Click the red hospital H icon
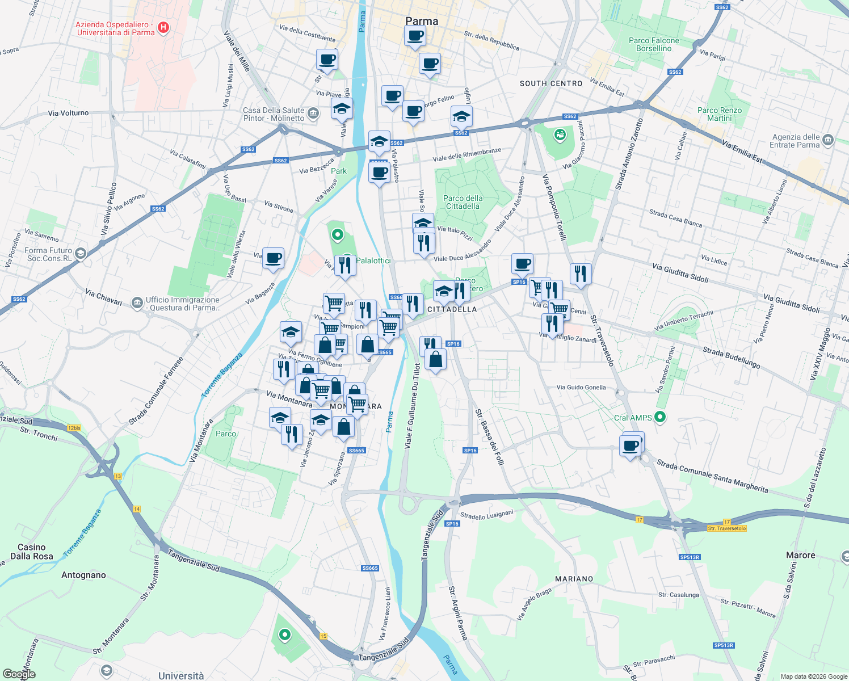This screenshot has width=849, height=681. click(163, 28)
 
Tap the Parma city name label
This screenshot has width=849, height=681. click(422, 21)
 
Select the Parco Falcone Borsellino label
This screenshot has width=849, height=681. click(654, 44)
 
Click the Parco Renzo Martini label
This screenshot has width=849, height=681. click(719, 114)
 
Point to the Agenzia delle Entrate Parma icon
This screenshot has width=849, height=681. click(827, 140)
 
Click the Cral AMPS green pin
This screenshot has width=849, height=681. click(659, 417)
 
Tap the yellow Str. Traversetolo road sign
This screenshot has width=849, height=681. click(726, 528)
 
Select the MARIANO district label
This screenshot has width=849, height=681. click(574, 579)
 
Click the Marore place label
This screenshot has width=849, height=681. click(800, 555)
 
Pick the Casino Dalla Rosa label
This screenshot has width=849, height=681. click(31, 552)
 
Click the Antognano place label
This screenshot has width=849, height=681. click(83, 575)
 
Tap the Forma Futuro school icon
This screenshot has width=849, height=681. click(81, 254)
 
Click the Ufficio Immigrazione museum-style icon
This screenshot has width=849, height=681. click(137, 303)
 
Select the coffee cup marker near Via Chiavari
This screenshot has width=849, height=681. click(273, 258)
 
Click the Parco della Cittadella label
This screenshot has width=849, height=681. click(463, 202)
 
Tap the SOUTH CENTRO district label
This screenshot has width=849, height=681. click(550, 83)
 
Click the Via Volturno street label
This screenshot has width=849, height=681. click(68, 113)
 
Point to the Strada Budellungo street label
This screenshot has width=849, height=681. click(731, 358)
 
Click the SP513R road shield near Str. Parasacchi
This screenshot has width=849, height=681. click(724, 645)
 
